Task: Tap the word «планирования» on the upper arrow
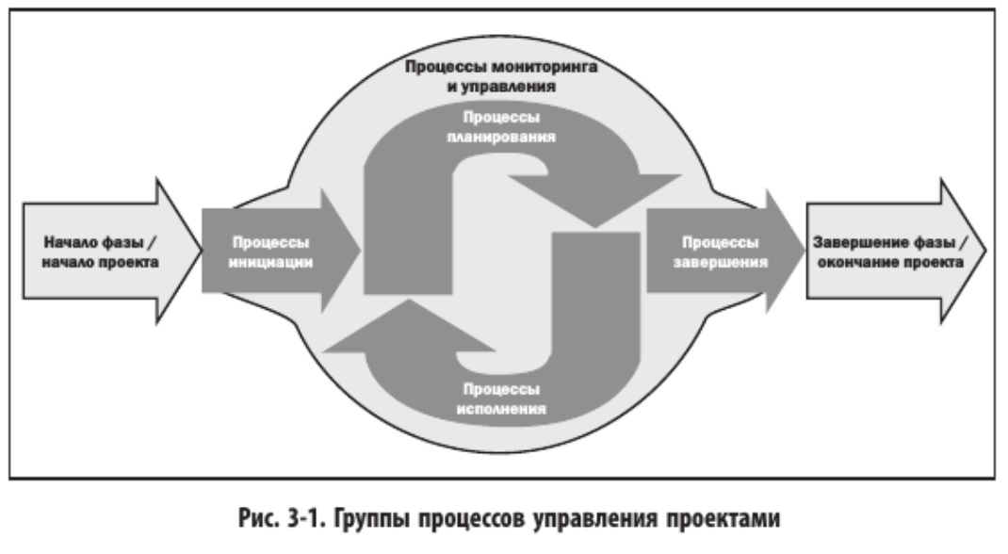tap(501, 137)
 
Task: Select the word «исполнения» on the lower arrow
tap(501, 409)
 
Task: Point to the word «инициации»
tap(270, 262)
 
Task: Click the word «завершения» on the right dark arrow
tap(720, 262)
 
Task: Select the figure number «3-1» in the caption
tap(305, 518)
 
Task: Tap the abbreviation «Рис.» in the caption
tap(259, 518)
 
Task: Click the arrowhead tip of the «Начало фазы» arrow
tap(202, 251)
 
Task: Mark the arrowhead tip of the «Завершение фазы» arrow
tap(985, 251)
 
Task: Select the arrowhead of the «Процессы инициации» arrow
tap(341, 251)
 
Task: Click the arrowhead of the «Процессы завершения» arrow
tap(786, 251)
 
